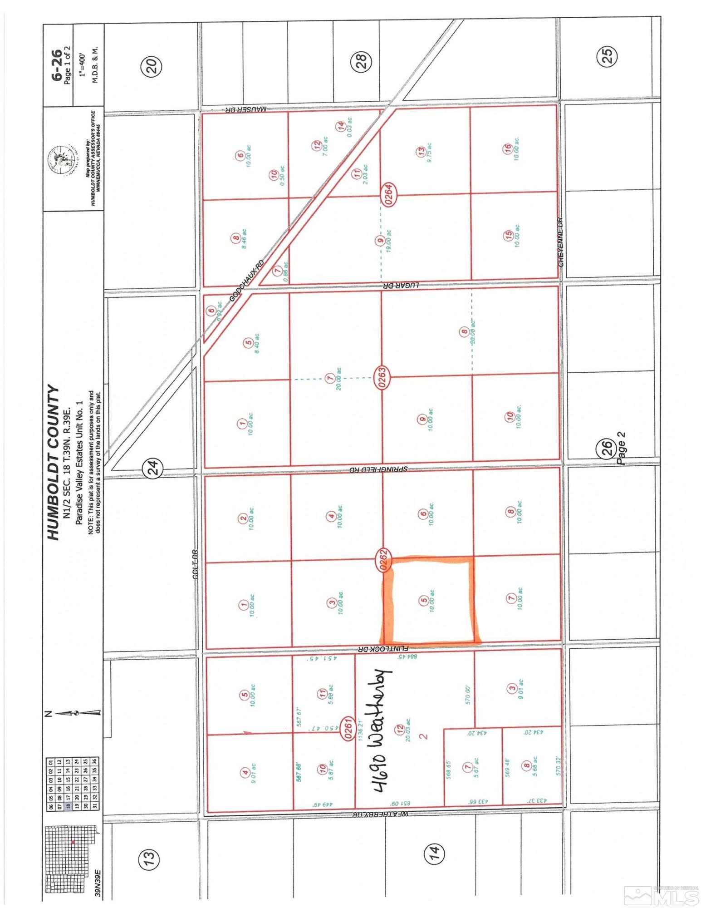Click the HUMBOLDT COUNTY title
tap(54, 463)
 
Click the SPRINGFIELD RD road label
tap(378, 469)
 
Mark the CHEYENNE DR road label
tap(561, 242)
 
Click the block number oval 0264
tap(389, 194)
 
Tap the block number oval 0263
tap(382, 377)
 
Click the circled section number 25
tap(607, 55)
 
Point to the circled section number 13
tap(150, 858)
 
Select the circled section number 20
tap(152, 66)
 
